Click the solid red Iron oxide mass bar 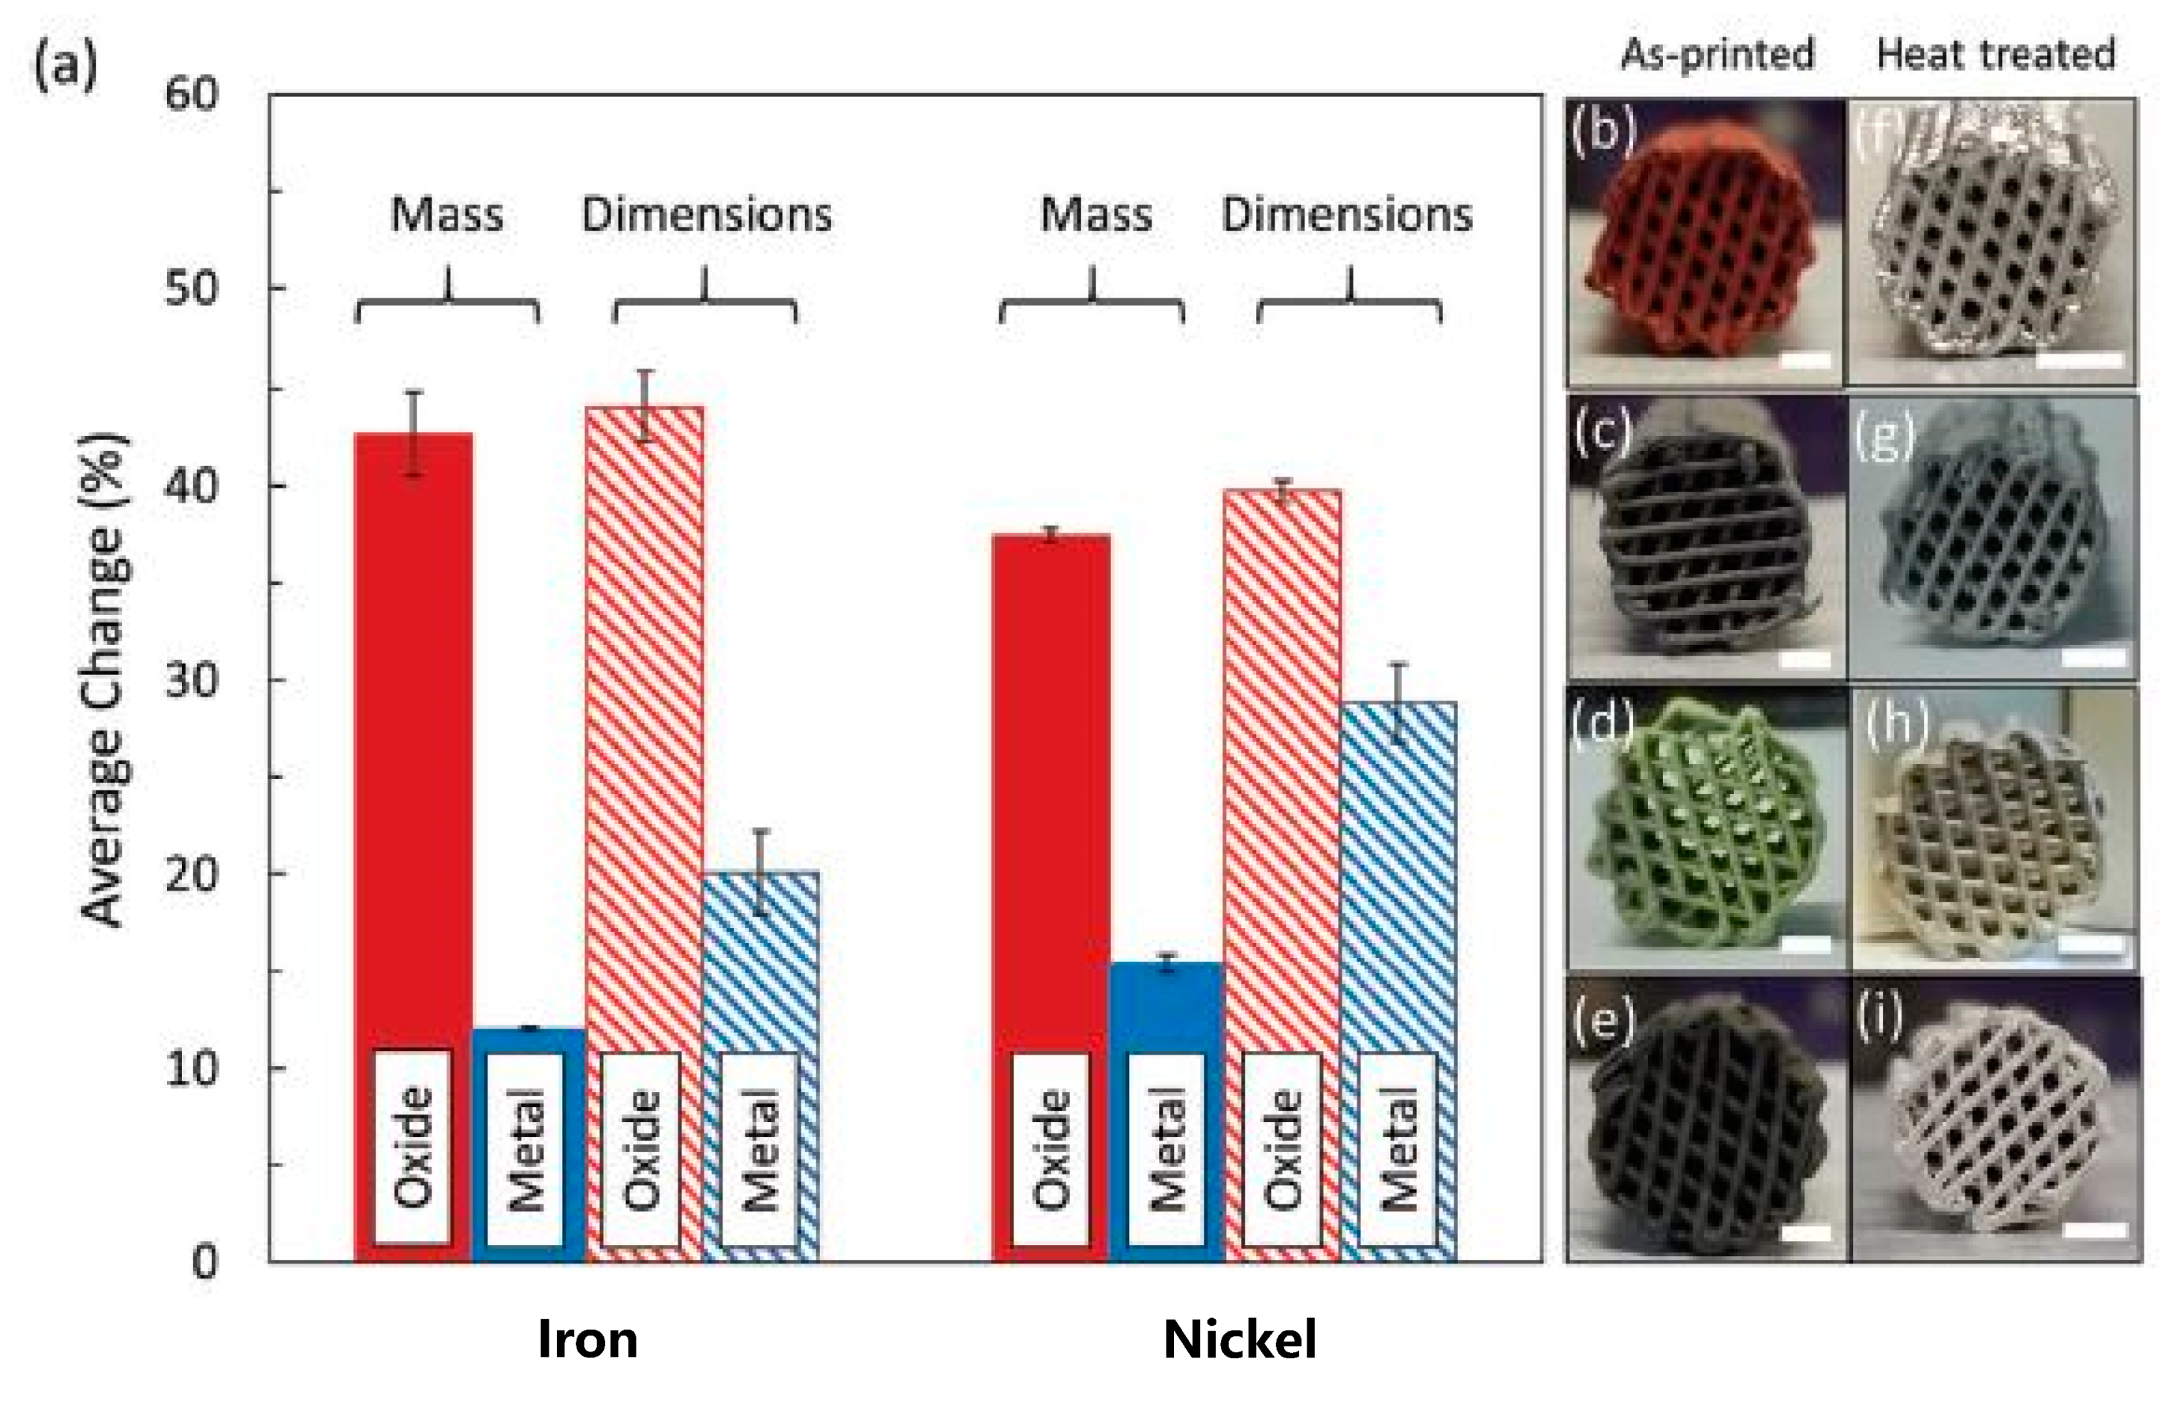[x=414, y=731]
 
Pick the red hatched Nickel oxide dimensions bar [x=1283, y=776]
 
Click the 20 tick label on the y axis [x=192, y=874]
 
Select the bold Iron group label [x=587, y=1340]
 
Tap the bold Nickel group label [x=1239, y=1340]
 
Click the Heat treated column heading [x=1995, y=54]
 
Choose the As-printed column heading [x=1717, y=54]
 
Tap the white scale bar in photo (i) [x=2094, y=1230]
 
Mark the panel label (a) [x=65, y=66]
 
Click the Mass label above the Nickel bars [x=1096, y=215]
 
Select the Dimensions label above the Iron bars [x=707, y=215]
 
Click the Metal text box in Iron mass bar [x=525, y=1149]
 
